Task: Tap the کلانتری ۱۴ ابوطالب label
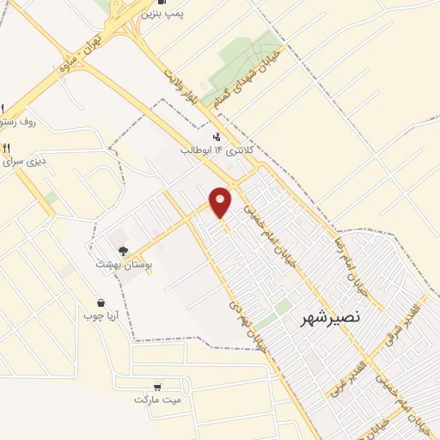pyautogui.click(x=221, y=151)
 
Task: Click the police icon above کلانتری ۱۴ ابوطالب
pyautogui.click(x=217, y=136)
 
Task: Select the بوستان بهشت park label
pyautogui.click(x=125, y=266)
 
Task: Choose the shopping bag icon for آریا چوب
pyautogui.click(x=101, y=302)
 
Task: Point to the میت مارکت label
pyautogui.click(x=159, y=400)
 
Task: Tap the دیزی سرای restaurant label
pyautogui.click(x=21, y=162)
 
